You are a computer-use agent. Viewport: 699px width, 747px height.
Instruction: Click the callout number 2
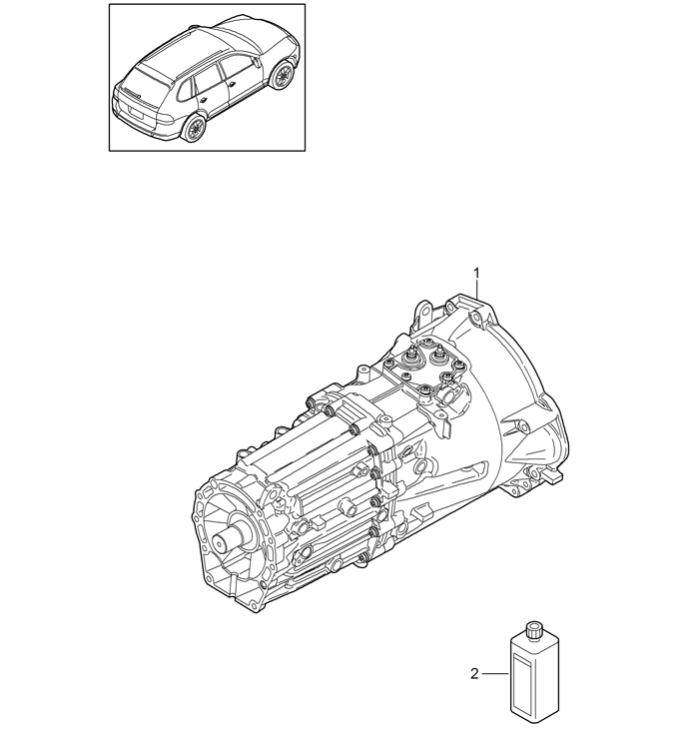[474, 674]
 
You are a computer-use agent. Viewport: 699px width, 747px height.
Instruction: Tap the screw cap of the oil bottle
[533, 630]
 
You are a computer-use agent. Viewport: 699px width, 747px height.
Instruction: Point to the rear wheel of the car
[195, 128]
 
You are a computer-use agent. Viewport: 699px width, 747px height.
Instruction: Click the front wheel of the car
[282, 75]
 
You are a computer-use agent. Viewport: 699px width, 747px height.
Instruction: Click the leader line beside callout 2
[495, 674]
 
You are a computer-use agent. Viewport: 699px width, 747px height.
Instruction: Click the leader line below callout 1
[477, 291]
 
